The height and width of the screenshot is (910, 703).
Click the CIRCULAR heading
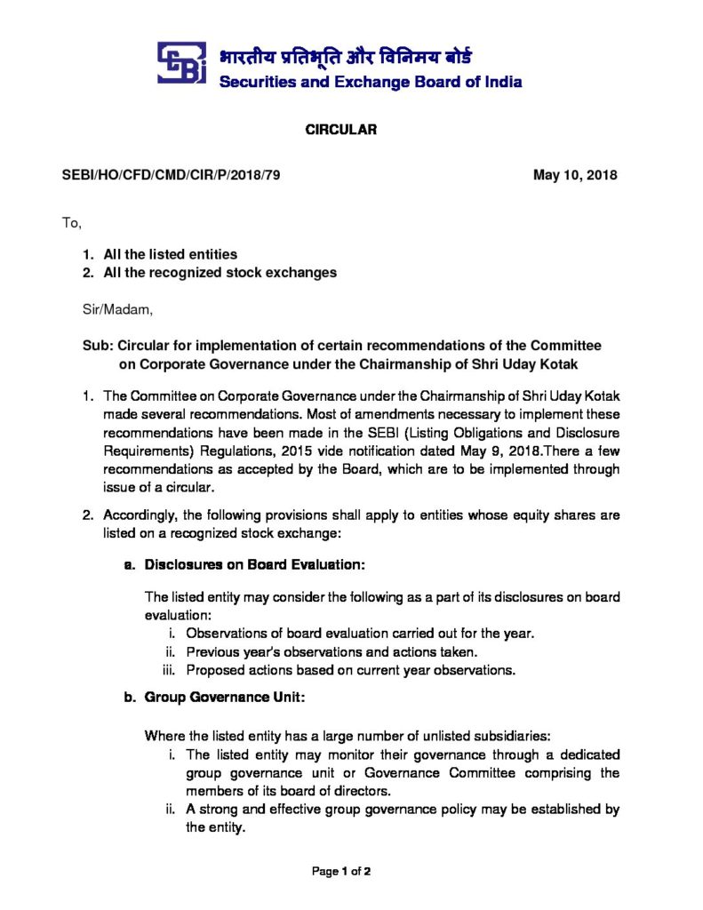pos(342,130)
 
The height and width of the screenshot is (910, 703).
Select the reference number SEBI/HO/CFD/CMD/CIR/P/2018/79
pos(171,175)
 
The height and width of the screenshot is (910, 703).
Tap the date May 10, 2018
pos(575,175)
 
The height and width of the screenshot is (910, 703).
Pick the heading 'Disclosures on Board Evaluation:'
pos(255,564)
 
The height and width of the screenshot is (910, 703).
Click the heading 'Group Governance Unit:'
pos(225,698)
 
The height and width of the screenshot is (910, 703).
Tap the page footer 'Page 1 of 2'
pos(341,872)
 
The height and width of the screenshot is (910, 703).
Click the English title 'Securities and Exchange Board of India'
pos(371,83)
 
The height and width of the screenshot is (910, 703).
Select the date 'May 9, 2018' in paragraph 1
pos(438,451)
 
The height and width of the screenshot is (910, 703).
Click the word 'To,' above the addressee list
pos(71,223)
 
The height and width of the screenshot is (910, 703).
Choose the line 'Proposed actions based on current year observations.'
pos(350,669)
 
